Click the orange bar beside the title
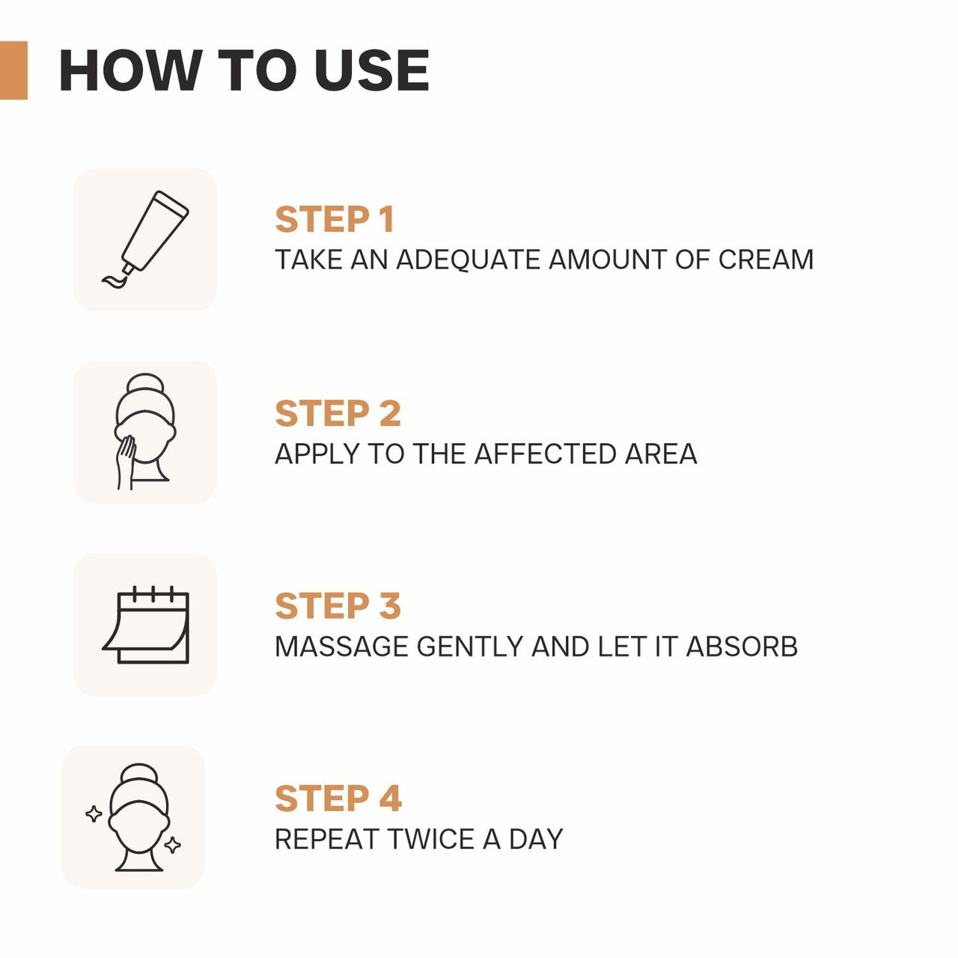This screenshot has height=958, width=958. (13, 70)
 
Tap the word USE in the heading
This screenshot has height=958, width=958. (371, 71)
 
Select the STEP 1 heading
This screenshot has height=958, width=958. (335, 220)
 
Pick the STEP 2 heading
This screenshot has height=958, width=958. (338, 414)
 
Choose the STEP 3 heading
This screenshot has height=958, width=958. (338, 606)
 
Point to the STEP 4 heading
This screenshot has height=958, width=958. (338, 799)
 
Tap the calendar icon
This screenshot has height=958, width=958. (146, 626)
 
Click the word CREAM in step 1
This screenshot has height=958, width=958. (766, 260)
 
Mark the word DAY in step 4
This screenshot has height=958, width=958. (536, 839)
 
